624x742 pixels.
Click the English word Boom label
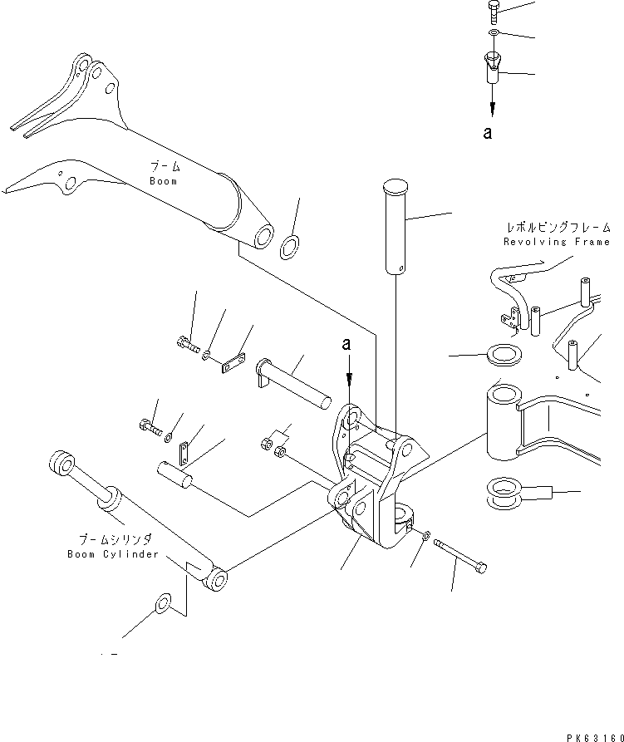point(164,181)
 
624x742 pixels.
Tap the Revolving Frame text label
point(557,242)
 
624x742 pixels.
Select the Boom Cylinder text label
point(112,554)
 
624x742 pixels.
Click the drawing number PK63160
point(591,735)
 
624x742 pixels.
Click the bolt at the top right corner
point(492,11)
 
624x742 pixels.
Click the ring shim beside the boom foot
point(291,247)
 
